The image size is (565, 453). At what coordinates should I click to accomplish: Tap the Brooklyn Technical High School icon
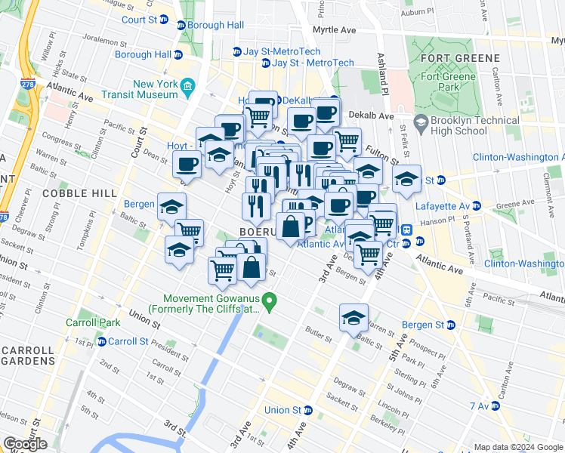pyautogui.click(x=420, y=122)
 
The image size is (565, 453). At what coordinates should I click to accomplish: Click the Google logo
pyautogui.click(x=26, y=444)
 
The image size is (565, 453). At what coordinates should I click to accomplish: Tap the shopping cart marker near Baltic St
pyautogui.click(x=188, y=233)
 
